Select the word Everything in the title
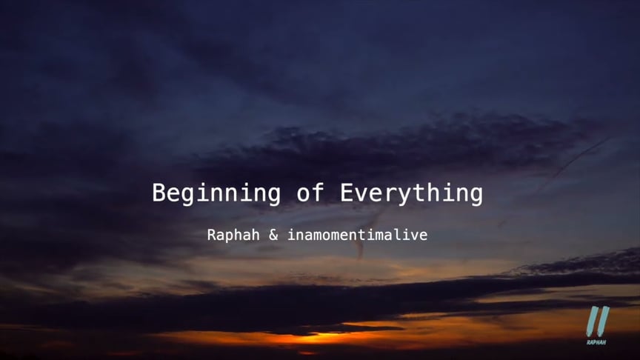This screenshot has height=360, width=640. pos(411,194)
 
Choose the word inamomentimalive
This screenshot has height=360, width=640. pos(357,236)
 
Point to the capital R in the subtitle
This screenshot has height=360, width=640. pos(212,236)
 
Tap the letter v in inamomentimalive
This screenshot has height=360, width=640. pos(415,236)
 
